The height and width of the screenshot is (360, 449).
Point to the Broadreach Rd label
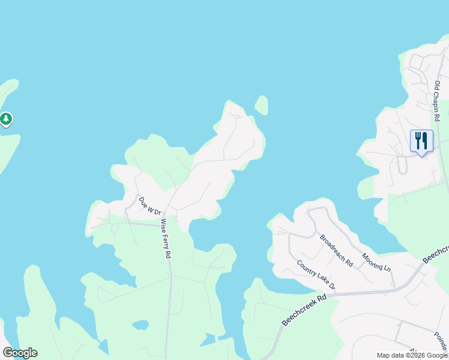coord(336,250)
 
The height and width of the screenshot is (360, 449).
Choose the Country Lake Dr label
coord(316,275)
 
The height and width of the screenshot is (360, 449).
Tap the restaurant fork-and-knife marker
coord(421,142)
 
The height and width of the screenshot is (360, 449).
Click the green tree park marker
coord(6,119)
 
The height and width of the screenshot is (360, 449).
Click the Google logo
coord(20,353)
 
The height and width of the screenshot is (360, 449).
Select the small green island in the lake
coord(261,105)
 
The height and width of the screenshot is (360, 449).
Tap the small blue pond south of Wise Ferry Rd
coord(140,325)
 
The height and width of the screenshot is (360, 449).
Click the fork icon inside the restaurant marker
coord(418,140)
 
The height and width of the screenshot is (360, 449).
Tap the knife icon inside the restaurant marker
coord(425,140)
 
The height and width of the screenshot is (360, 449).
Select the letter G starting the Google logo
coord(8,353)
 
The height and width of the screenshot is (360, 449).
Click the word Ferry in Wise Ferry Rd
coord(166,238)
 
